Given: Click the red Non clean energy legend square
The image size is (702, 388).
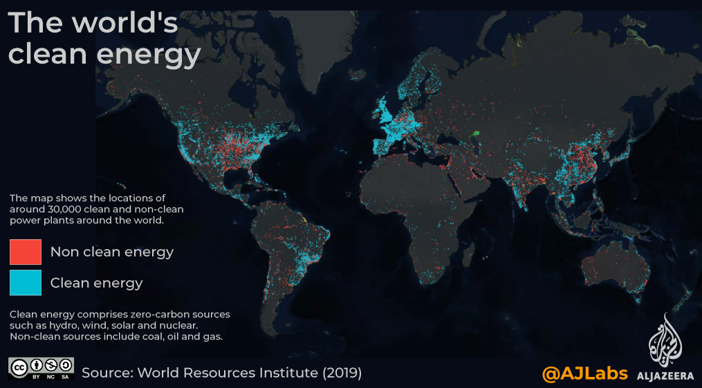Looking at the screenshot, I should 26,252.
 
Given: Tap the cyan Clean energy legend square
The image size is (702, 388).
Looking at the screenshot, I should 26,282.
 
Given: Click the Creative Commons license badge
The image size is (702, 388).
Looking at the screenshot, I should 41,368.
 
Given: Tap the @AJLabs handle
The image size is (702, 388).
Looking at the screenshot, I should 584,373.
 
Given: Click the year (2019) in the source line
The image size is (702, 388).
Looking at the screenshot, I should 342,373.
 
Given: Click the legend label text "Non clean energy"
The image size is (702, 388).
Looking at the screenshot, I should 112,252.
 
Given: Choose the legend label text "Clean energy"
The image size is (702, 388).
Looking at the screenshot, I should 97,282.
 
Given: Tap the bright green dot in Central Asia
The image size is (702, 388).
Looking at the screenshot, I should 477,133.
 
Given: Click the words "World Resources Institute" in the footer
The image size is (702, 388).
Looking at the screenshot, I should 228,373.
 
